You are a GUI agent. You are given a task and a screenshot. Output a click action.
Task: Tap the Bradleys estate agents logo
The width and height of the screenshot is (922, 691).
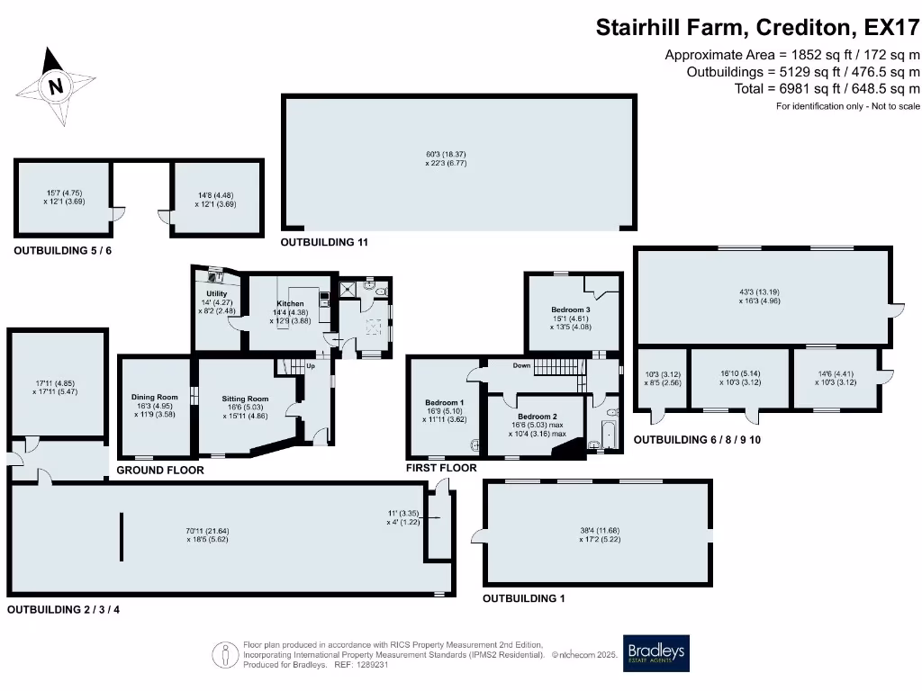656,654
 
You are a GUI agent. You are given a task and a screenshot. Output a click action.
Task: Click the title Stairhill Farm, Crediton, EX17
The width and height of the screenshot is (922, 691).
757,27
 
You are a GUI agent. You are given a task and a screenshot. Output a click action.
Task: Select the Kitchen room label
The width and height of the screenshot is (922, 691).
290,304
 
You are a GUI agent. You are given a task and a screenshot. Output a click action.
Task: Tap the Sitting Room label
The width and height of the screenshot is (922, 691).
246,399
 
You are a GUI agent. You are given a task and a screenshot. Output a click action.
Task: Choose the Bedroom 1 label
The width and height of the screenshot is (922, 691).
444,402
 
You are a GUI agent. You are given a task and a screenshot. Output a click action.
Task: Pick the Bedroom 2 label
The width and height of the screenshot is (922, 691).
535,417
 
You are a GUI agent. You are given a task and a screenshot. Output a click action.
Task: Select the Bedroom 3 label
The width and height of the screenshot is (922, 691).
571,310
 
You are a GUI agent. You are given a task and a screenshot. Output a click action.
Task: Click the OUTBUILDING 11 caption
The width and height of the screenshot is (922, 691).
323,243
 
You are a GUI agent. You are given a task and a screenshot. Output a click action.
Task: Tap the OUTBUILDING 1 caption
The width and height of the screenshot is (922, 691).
524,598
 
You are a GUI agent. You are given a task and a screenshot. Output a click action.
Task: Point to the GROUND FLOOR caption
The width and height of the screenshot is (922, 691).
160,471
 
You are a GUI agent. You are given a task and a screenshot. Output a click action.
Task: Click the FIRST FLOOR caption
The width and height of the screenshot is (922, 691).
441,469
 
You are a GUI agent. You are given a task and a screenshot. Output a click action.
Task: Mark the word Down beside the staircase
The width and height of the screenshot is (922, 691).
521,366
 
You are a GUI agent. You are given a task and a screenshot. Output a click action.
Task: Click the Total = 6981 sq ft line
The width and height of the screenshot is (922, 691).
827,88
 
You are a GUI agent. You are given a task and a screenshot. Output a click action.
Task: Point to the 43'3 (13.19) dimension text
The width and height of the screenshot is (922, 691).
754,291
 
